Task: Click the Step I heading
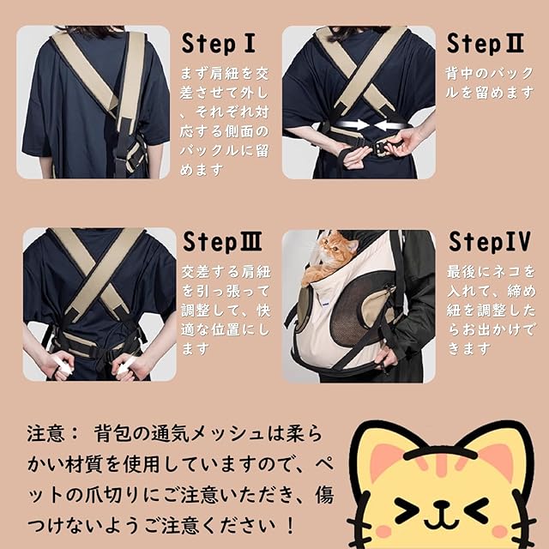point(218,44)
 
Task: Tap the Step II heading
point(486,44)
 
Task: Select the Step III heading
point(222,242)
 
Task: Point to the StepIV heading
point(490,242)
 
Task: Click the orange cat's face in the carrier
point(334,246)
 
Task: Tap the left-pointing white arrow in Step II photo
point(390,125)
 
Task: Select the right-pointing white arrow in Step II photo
point(352,125)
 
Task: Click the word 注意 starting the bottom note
point(46,434)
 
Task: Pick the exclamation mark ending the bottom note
point(290,526)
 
